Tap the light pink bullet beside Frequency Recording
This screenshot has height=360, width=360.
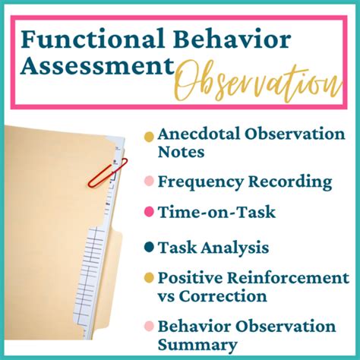click(x=149, y=183)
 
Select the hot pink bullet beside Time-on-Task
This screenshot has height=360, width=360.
click(x=149, y=214)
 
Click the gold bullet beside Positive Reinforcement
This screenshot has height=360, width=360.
click(x=149, y=277)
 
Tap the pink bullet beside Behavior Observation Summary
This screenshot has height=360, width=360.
click(x=149, y=328)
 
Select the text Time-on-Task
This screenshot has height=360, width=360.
click(x=204, y=213)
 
